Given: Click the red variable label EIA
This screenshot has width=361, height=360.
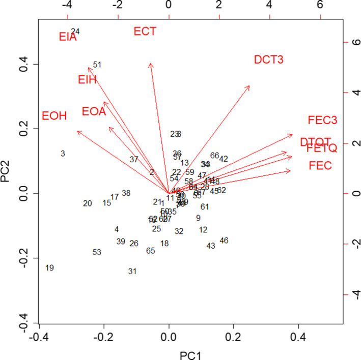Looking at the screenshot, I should pyautogui.click(x=67, y=37).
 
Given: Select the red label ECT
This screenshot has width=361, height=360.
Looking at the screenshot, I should pyautogui.click(x=145, y=32).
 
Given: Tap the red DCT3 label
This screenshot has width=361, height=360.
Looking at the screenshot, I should pyautogui.click(x=268, y=60).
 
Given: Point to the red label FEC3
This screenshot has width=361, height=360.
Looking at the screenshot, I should pyautogui.click(x=322, y=121).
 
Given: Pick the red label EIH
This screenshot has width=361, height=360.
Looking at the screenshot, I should pyautogui.click(x=87, y=80).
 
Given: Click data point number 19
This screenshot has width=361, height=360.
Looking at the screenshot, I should pyautogui.click(x=49, y=268).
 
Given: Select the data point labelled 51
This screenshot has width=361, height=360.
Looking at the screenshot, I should pyautogui.click(x=97, y=65).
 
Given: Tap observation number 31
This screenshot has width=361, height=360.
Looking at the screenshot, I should pyautogui.click(x=132, y=272).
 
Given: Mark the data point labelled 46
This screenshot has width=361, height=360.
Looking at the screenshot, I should pyautogui.click(x=224, y=241).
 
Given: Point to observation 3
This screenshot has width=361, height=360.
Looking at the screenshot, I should pyautogui.click(x=63, y=154).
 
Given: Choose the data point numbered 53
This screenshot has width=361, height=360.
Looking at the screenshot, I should pyautogui.click(x=97, y=252).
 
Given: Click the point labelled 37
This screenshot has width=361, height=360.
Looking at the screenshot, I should pyautogui.click(x=134, y=159).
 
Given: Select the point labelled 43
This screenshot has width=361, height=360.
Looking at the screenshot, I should pyautogui.click(x=211, y=246).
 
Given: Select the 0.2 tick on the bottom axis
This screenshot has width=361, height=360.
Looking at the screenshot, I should pyautogui.click(x=233, y=336).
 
